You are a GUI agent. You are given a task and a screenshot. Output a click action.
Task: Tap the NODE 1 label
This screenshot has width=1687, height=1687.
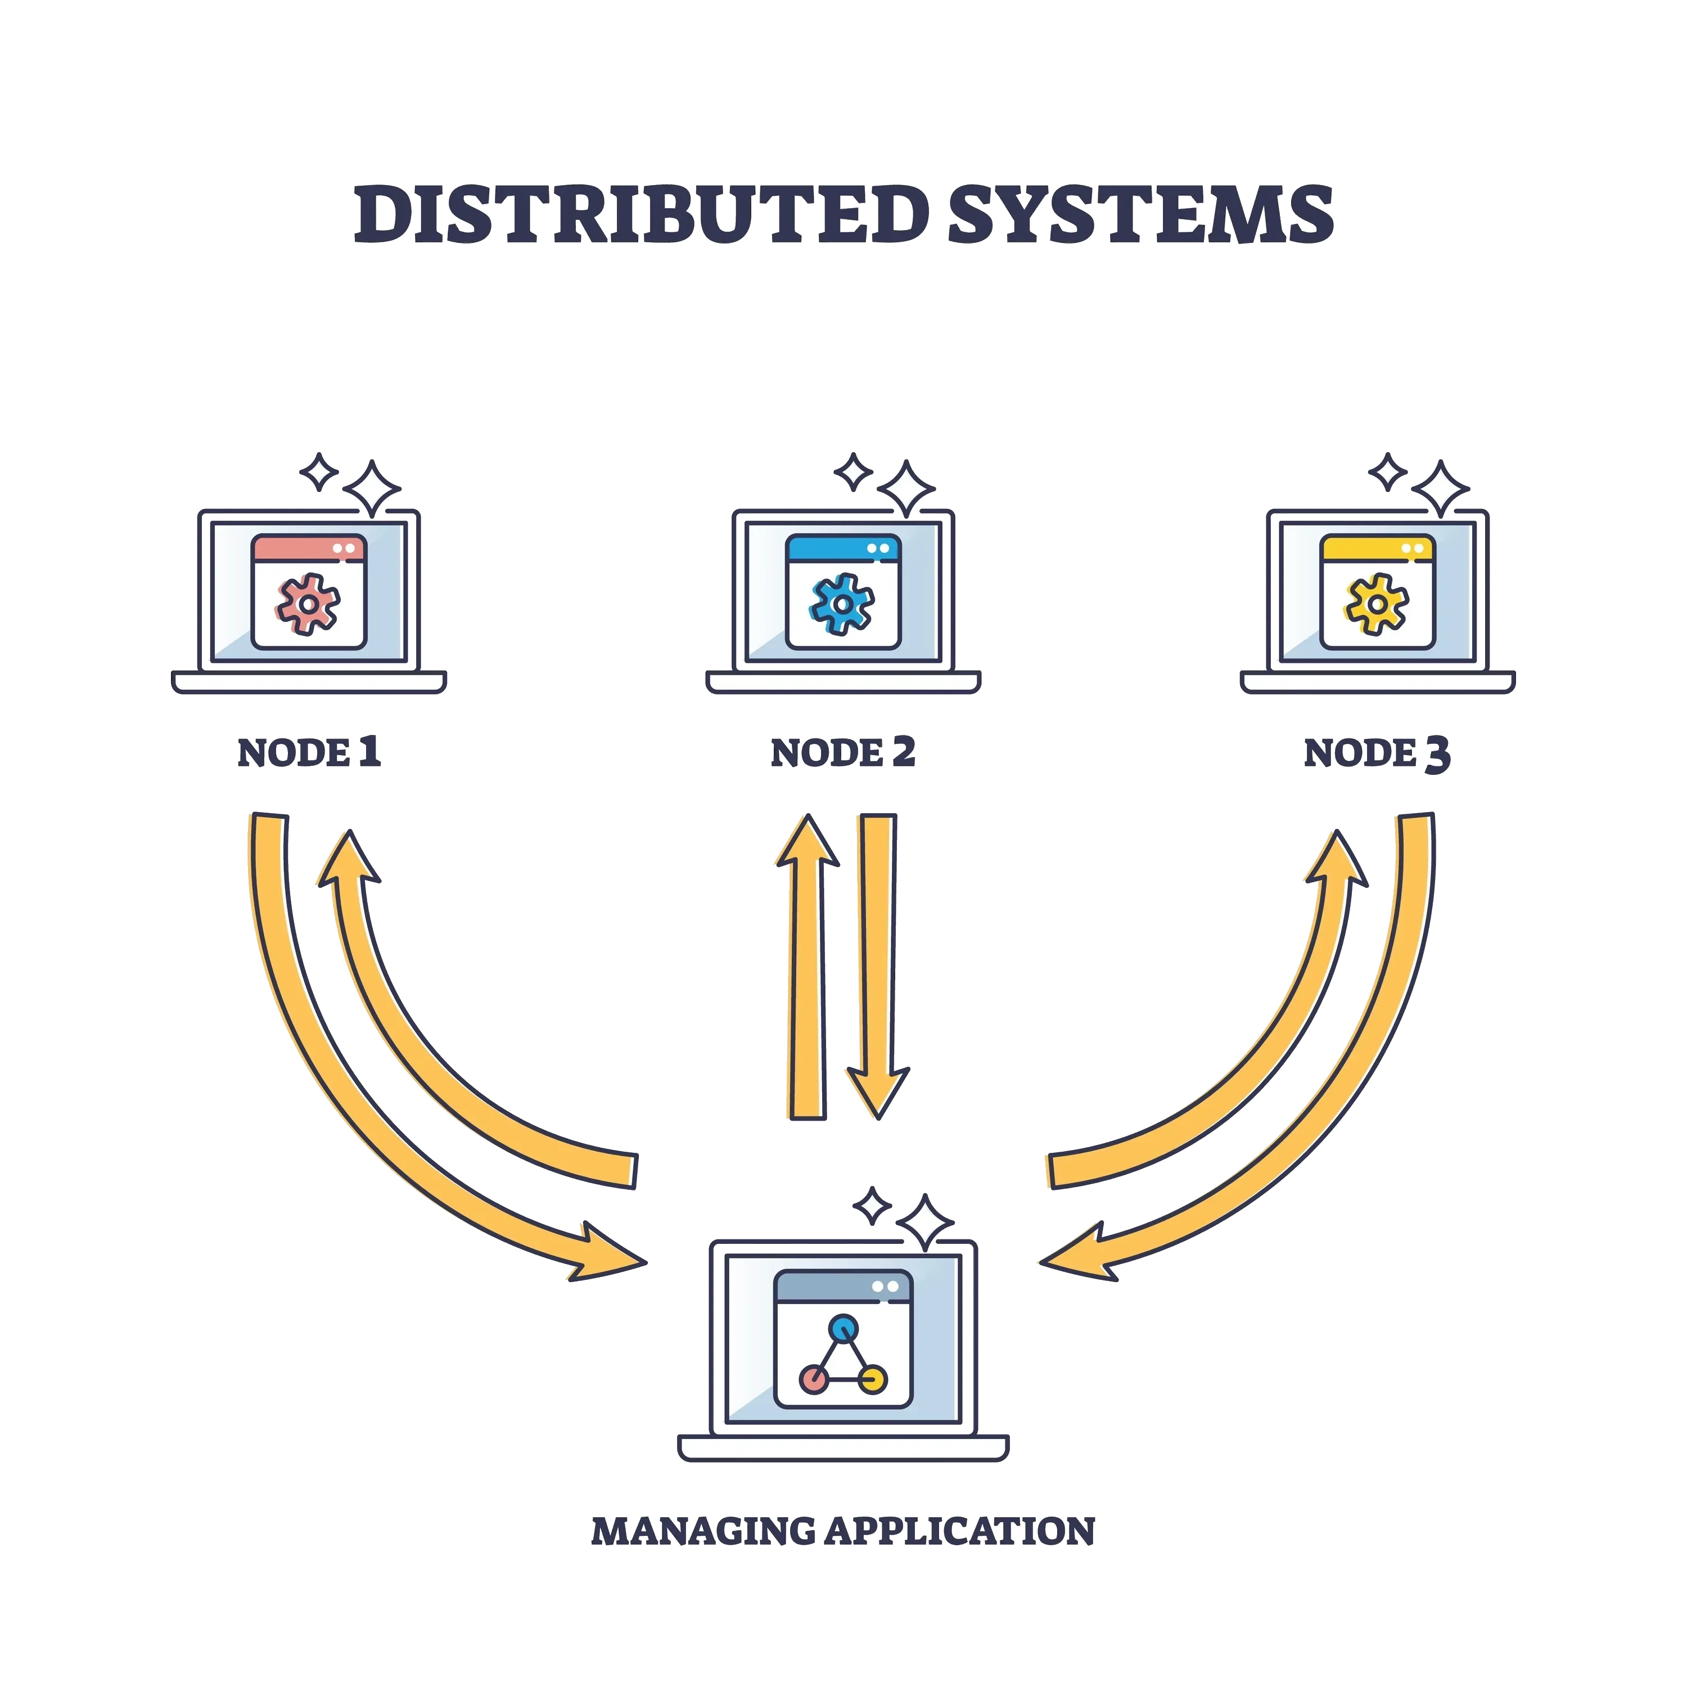pos(309,753)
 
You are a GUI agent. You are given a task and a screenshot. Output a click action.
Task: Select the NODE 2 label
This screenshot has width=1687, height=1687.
pos(842,753)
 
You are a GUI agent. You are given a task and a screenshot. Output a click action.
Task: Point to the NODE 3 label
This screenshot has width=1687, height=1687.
pos(1377,755)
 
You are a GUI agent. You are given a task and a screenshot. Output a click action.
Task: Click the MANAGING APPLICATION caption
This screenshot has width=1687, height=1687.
pos(842,1532)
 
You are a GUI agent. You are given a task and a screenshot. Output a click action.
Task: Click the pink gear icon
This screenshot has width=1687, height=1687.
pos(308,603)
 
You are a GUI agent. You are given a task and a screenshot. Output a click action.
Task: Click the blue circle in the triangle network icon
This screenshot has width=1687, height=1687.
pos(843,1328)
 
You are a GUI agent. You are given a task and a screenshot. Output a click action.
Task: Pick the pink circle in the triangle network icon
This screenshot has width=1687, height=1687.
pos(814,1379)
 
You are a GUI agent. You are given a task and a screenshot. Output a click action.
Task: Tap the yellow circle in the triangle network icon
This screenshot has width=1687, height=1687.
pos(873,1379)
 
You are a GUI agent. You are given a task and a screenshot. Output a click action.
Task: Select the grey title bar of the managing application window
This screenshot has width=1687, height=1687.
pos(842,1286)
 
